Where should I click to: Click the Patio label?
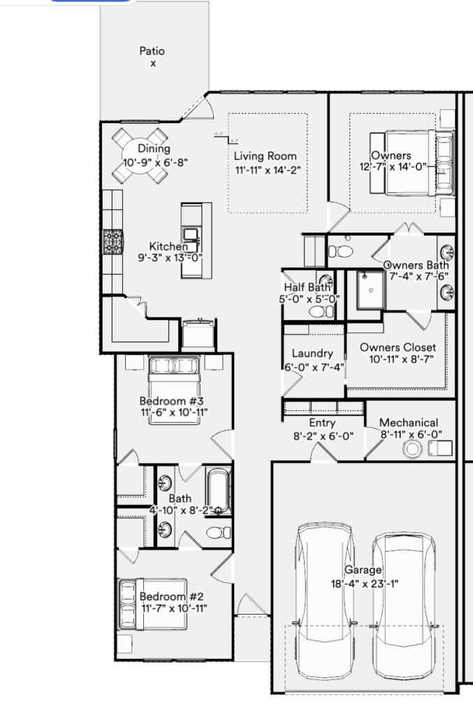tap(152, 51)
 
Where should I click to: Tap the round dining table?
tap(140, 156)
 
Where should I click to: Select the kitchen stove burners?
tap(113, 242)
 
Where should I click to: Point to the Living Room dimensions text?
tap(268, 171)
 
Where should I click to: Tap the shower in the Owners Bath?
tap(370, 289)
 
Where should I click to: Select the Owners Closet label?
tap(398, 348)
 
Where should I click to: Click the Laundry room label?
tap(312, 353)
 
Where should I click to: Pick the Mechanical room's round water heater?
tap(413, 448)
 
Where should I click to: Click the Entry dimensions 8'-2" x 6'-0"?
tap(323, 436)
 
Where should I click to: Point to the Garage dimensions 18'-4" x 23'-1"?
tap(365, 584)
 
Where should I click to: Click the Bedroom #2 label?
tap(171, 596)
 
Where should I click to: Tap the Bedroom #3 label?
tap(171, 401)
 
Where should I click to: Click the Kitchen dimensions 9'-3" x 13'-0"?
tap(170, 258)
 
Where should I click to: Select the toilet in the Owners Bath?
tap(341, 252)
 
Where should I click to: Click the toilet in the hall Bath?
tap(219, 532)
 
